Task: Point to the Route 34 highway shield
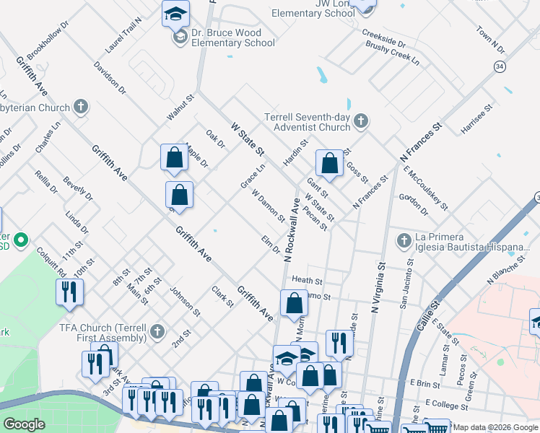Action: pyautogui.click(x=500, y=66)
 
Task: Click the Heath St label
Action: pyautogui.click(x=306, y=279)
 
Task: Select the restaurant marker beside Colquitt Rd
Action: pyautogui.click(x=69, y=292)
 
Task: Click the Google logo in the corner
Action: pyautogui.click(x=24, y=424)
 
